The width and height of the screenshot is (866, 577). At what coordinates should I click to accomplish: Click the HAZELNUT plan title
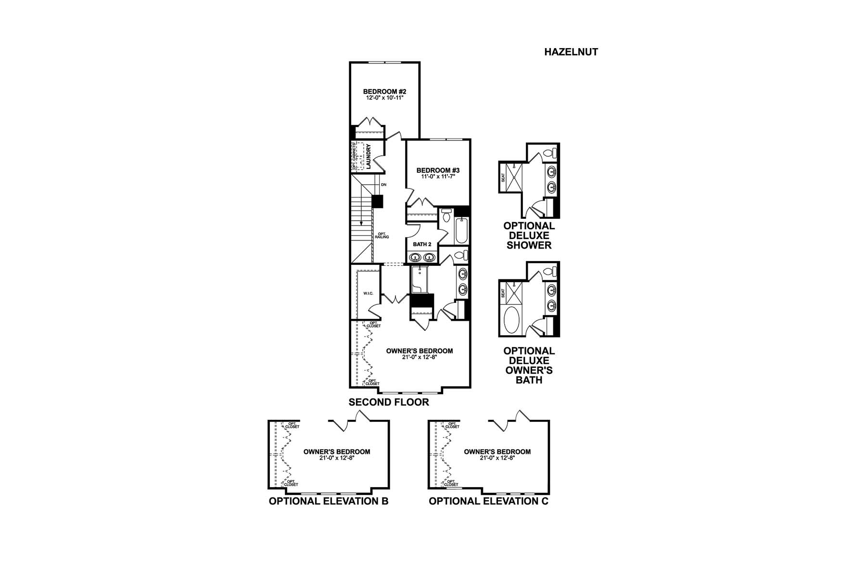click(x=571, y=52)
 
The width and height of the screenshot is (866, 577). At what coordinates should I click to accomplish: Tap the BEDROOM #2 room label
click(x=385, y=91)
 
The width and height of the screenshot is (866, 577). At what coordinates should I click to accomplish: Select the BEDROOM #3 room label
click(x=438, y=170)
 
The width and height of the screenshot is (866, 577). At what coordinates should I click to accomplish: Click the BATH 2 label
click(x=422, y=244)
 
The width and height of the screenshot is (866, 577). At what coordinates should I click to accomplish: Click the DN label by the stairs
click(x=383, y=185)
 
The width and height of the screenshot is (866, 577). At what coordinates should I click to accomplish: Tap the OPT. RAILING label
click(x=383, y=236)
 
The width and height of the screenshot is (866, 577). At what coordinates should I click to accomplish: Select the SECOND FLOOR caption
click(x=389, y=402)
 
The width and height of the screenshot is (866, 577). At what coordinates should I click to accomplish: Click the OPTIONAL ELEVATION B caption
click(x=329, y=501)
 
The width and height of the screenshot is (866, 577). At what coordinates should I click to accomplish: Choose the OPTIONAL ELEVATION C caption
click(x=488, y=501)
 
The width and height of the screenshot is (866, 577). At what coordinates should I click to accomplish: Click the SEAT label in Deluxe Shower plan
click(x=503, y=177)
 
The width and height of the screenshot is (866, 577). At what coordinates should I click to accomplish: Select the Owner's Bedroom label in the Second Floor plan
click(x=420, y=351)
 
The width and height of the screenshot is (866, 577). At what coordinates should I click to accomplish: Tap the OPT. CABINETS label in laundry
click(x=354, y=156)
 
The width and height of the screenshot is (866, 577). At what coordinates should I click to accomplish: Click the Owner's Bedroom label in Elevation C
click(x=497, y=452)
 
